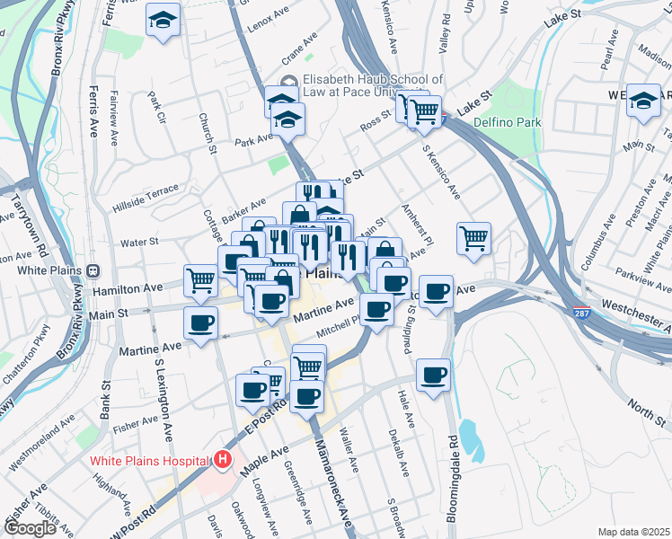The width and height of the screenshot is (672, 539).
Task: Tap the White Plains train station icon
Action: [93, 270]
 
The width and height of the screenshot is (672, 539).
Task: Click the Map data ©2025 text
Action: [634, 532]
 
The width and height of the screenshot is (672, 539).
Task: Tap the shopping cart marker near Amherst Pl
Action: [473, 238]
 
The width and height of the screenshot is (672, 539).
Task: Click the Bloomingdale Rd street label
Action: [453, 478]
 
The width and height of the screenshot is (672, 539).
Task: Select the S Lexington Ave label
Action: [163, 401]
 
